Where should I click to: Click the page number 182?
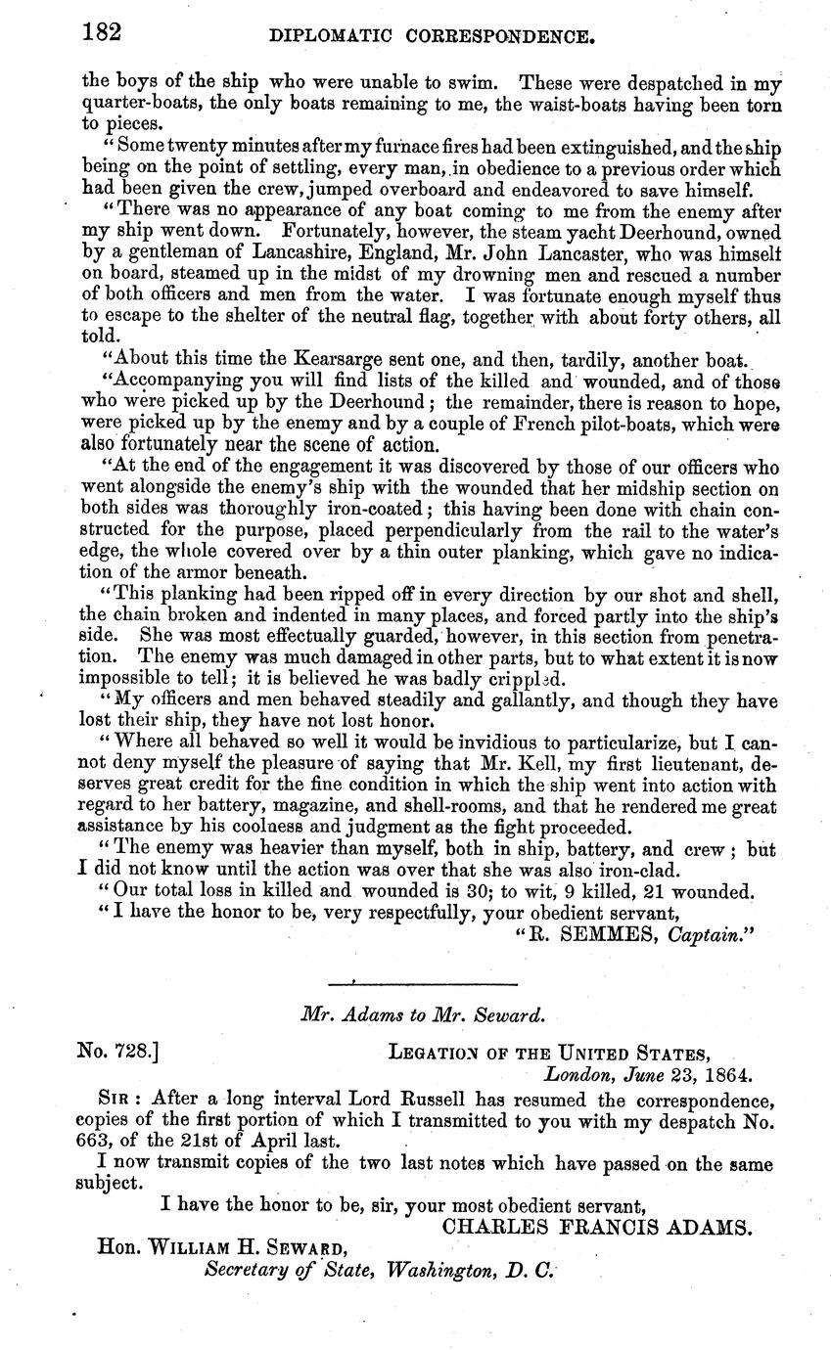click(101, 33)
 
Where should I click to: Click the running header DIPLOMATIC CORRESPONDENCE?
click(432, 38)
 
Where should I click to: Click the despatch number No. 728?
click(118, 1054)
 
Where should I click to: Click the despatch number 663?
click(98, 1140)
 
